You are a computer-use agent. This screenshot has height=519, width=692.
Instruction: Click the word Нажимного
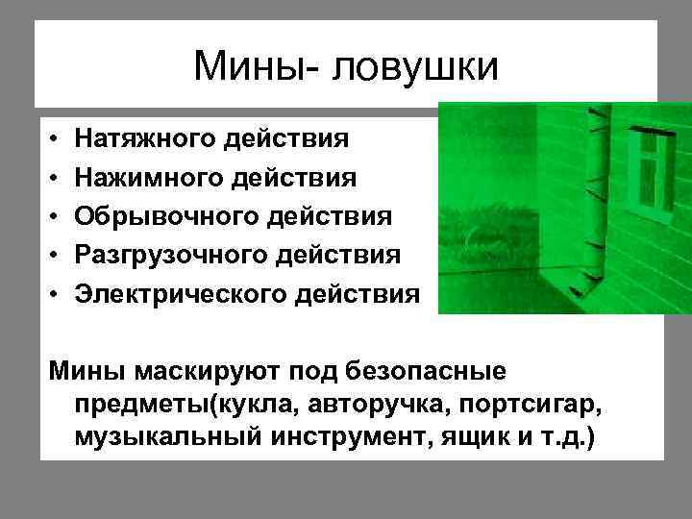146,178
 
